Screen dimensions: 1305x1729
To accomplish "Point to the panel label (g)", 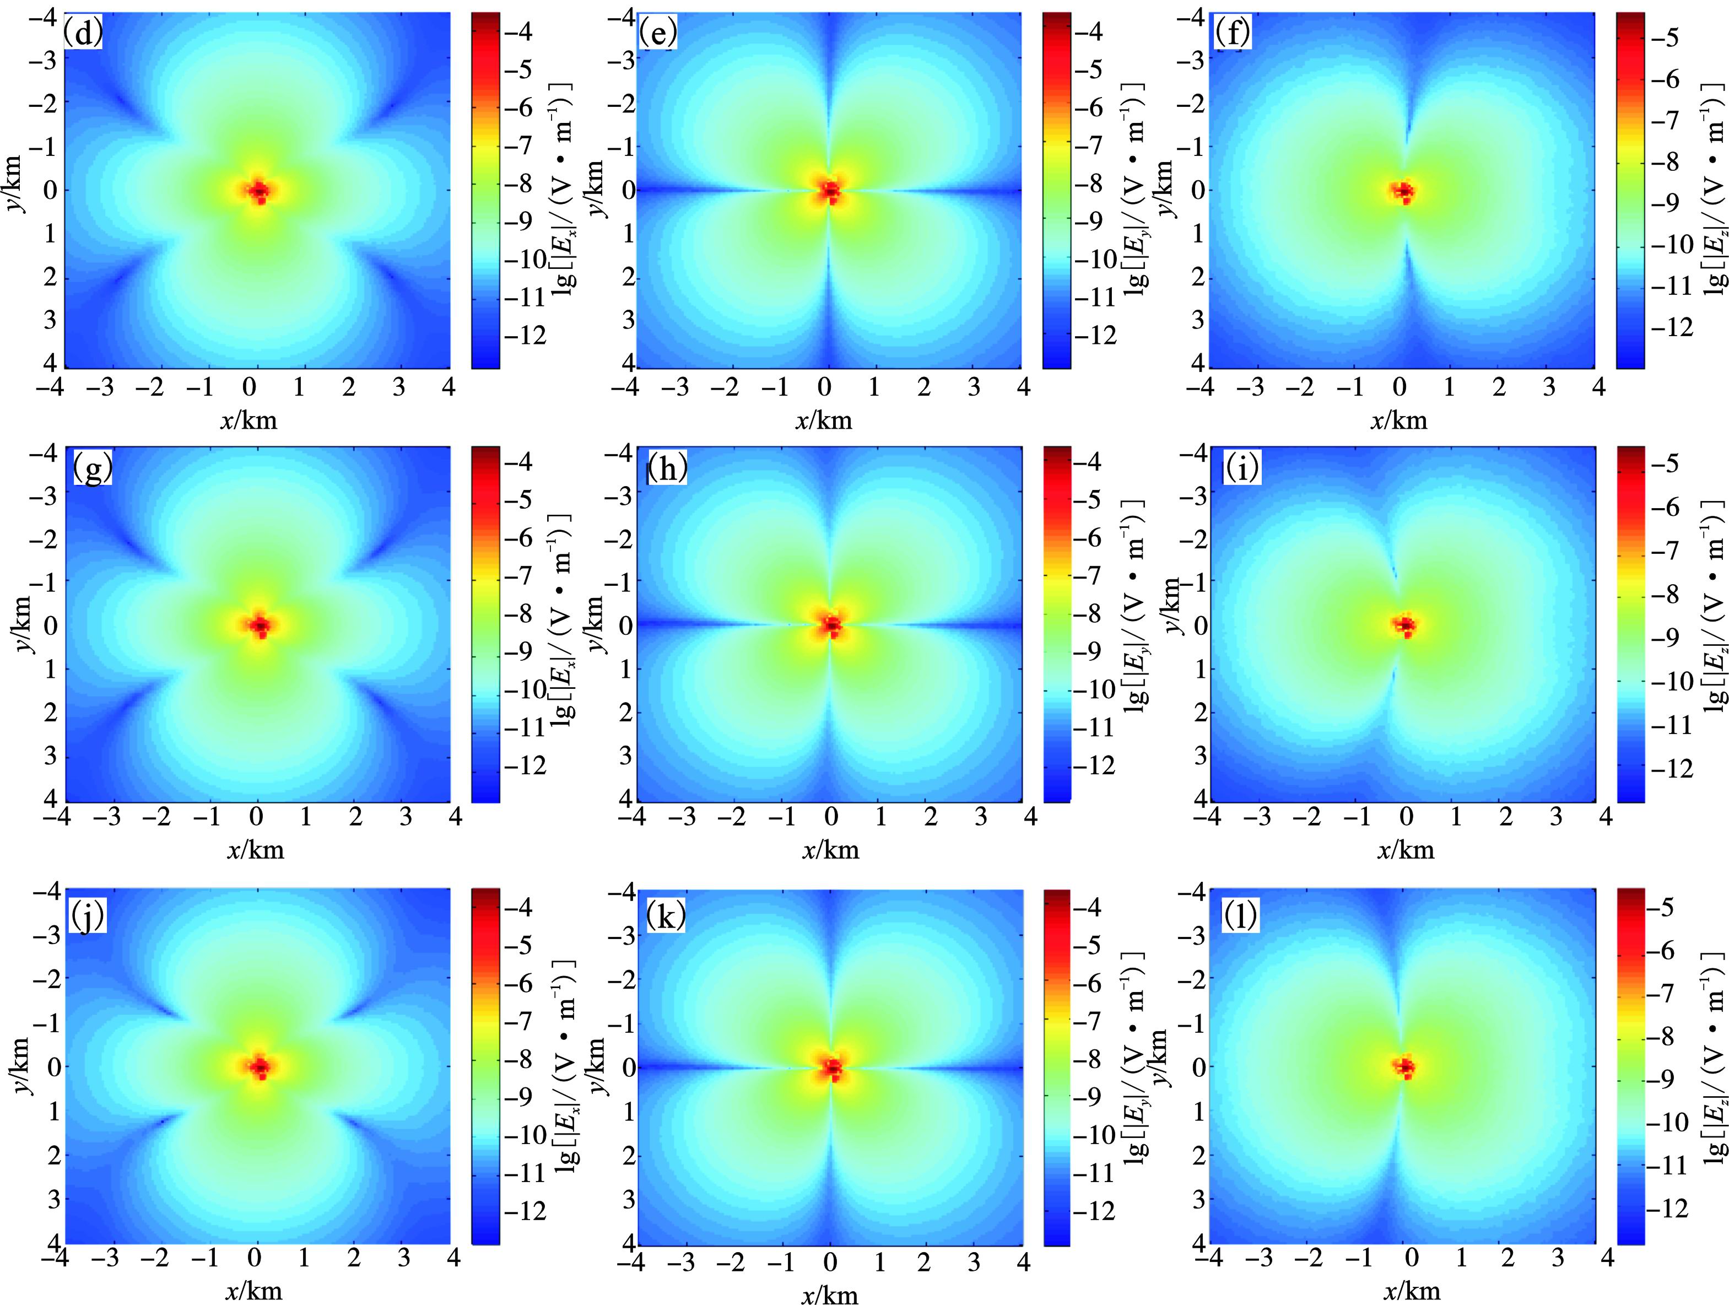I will (x=92, y=470).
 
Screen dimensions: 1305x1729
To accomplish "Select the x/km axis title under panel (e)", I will (x=823, y=420).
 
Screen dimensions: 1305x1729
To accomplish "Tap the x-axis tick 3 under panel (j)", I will (x=403, y=1258).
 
